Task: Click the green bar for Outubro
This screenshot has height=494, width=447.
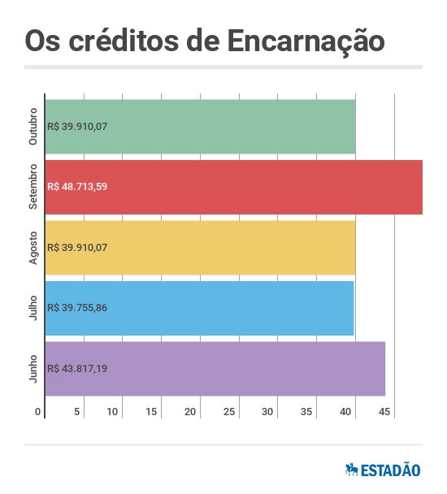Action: pyautogui.click(x=201, y=126)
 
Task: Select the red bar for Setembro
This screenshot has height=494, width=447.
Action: pyautogui.click(x=234, y=187)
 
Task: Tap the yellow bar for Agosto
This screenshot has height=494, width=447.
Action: pyautogui.click(x=201, y=247)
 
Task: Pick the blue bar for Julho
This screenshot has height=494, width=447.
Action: pyautogui.click(x=200, y=308)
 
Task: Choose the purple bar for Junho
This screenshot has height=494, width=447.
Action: pyautogui.click(x=215, y=368)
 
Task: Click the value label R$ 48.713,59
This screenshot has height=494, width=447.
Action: pyautogui.click(x=78, y=187)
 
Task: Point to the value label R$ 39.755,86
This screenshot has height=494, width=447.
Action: pyautogui.click(x=78, y=308)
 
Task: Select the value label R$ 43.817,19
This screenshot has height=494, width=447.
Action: pyautogui.click(x=78, y=369)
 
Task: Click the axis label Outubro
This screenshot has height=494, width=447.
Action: pyautogui.click(x=33, y=126)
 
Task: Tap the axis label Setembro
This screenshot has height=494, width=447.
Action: pyautogui.click(x=33, y=187)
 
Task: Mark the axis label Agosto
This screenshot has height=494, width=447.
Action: pyautogui.click(x=33, y=247)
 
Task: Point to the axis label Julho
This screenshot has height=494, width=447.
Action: pyautogui.click(x=33, y=308)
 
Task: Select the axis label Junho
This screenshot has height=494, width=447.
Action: pyautogui.click(x=33, y=369)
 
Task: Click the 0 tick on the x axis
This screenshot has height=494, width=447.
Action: pyautogui.click(x=37, y=412)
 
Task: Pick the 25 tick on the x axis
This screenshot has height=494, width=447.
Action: pyautogui.click(x=229, y=412)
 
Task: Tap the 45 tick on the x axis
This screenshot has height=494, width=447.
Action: pyautogui.click(x=384, y=412)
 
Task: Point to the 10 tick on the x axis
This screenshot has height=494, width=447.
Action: pyautogui.click(x=113, y=412)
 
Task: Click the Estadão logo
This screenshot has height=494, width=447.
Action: pyautogui.click(x=383, y=470)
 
